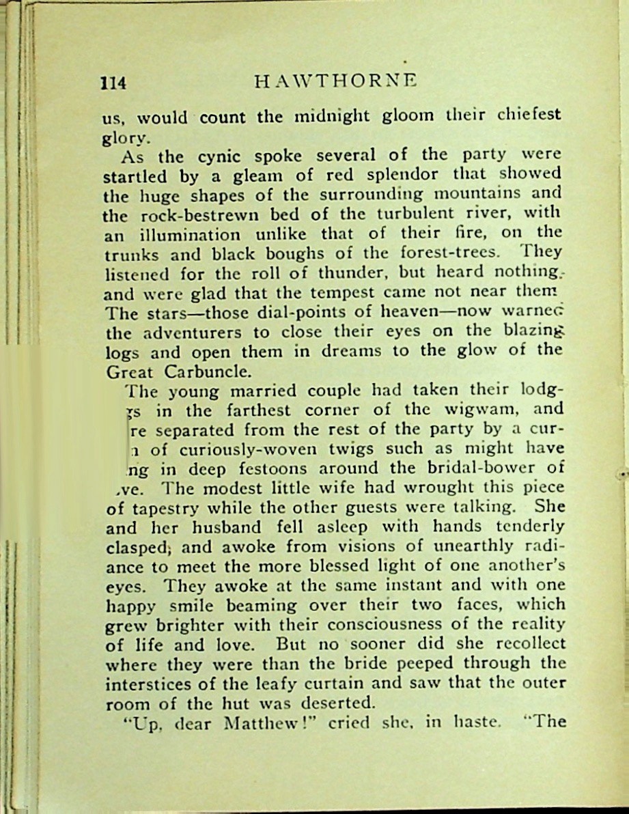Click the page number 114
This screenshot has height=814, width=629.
(x=113, y=83)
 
